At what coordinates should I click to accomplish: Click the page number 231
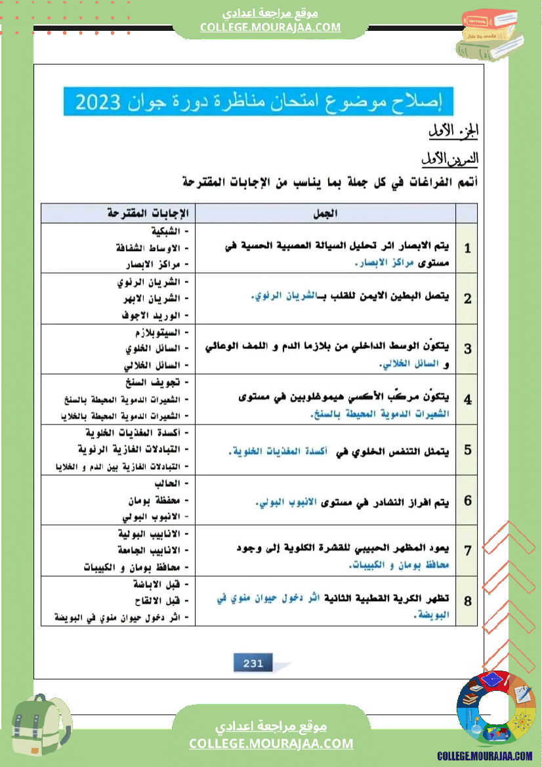[253, 663]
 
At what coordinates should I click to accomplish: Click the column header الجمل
[326, 213]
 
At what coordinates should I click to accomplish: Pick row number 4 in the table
[467, 400]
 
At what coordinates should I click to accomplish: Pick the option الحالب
[173, 483]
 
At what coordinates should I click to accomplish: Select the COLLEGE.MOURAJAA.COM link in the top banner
[270, 27]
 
